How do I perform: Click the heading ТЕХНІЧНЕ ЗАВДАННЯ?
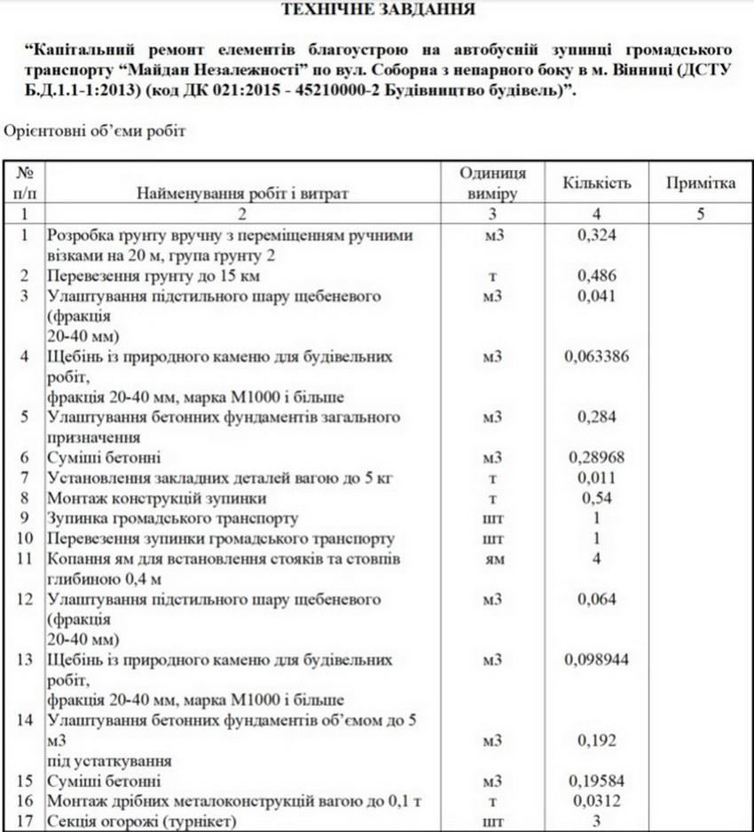pyautogui.click(x=377, y=11)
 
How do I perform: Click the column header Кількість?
pyautogui.click(x=597, y=183)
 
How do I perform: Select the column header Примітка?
pyautogui.click(x=701, y=183)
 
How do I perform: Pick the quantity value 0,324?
pyautogui.click(x=597, y=235)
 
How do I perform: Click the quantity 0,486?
pyautogui.click(x=597, y=276)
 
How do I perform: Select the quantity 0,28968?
pyautogui.click(x=597, y=458)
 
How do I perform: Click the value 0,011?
pyautogui.click(x=597, y=478)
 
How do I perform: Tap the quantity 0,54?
pyautogui.click(x=597, y=499)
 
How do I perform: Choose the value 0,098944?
pyautogui.click(x=597, y=661)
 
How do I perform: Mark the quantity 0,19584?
pyautogui.click(x=597, y=781)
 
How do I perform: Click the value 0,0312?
pyautogui.click(x=597, y=802)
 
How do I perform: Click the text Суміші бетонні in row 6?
pyautogui.click(x=104, y=458)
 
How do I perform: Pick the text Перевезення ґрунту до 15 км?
pyautogui.click(x=141, y=276)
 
